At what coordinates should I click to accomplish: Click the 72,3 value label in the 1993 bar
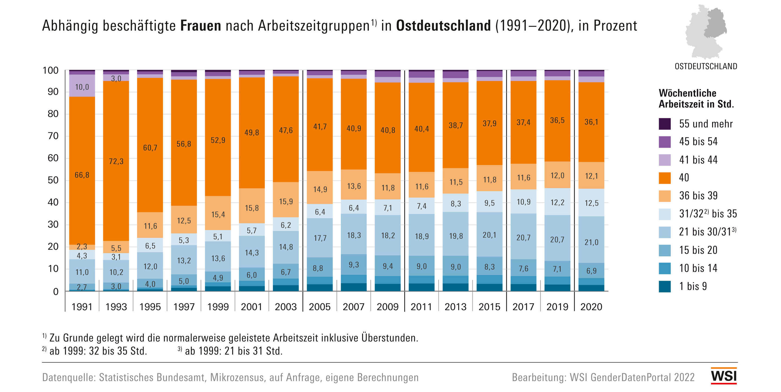click(116, 161)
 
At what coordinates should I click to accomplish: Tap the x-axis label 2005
click(320, 307)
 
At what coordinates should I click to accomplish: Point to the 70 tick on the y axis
click(53, 136)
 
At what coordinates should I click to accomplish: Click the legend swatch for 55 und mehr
click(665, 124)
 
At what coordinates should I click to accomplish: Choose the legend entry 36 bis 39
click(698, 196)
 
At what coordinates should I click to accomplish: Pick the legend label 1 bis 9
click(693, 286)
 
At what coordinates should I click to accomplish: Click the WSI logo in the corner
click(724, 376)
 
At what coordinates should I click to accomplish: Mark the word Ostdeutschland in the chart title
click(443, 26)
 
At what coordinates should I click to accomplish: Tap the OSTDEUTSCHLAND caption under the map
click(706, 66)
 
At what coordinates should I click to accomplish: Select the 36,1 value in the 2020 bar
click(591, 122)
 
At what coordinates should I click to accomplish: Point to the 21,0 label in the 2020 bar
click(591, 242)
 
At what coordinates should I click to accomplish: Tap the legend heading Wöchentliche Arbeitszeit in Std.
click(696, 98)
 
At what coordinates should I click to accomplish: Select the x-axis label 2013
click(455, 307)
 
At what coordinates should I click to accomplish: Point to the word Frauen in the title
click(201, 26)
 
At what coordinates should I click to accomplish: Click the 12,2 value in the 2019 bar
click(557, 202)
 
